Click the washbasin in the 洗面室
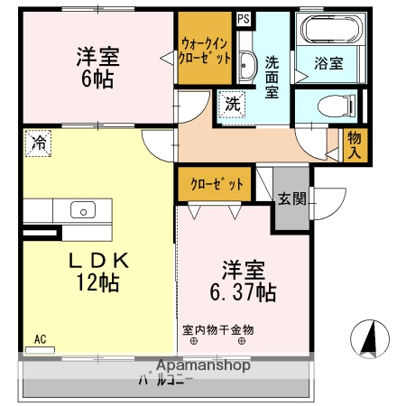247,63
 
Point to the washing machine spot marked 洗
232,104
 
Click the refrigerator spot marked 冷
38,142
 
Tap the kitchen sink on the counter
82,210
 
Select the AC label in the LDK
39,339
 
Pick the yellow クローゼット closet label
217,184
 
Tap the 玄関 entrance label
291,198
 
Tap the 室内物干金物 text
218,329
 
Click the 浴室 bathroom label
329,63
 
